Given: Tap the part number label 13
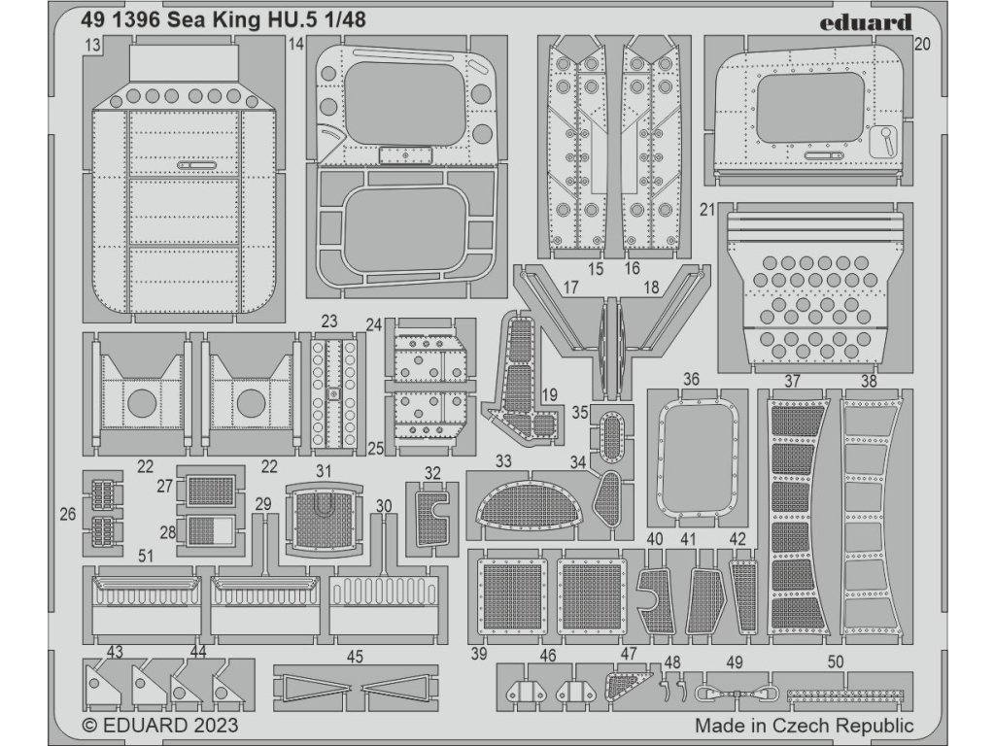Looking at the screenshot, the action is tap(93, 46).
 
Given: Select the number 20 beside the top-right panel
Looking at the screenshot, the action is tap(922, 44).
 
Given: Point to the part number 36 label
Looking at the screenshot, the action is tap(691, 379).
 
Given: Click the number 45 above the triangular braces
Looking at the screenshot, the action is tap(355, 658).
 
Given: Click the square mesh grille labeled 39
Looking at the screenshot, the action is tap(511, 596).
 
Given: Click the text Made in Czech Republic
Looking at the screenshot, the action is tap(804, 726).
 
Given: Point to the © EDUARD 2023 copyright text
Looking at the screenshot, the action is tap(159, 726).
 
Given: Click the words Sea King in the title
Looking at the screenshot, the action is tap(223, 21).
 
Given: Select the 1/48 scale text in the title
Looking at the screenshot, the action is tap(347, 21).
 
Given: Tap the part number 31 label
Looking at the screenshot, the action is tap(324, 470).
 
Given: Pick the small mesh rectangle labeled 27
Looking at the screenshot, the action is tap(211, 491).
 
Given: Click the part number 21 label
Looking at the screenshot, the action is tap(706, 209).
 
